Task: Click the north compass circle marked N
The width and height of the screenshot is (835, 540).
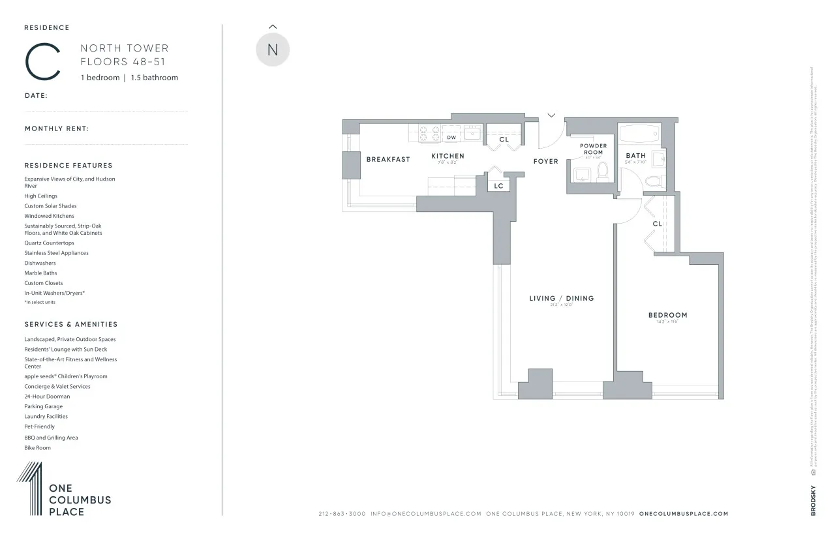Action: tap(273, 50)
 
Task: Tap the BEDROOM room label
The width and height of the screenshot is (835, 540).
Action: tap(667, 315)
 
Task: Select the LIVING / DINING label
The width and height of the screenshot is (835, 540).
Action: tap(561, 298)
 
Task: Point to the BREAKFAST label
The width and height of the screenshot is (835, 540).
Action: tap(388, 159)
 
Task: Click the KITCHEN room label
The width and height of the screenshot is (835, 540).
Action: tap(448, 156)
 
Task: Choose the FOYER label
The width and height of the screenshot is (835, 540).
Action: tap(545, 161)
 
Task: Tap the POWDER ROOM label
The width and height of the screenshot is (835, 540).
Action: tap(593, 149)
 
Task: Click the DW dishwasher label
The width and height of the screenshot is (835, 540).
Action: tap(451, 138)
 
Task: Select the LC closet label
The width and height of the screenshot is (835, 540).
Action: tap(498, 186)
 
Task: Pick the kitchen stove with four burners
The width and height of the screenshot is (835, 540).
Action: tap(429, 133)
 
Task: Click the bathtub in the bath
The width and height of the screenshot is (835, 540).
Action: tap(639, 134)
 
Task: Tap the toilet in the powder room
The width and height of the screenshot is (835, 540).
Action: tap(603, 172)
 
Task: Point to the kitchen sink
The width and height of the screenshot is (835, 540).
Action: tap(472, 133)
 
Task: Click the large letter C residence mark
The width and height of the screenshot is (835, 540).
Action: tap(43, 61)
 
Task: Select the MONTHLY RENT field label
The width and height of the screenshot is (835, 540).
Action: tap(57, 128)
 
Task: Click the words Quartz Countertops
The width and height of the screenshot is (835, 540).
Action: tap(49, 243)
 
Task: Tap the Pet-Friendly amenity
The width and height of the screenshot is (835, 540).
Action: tap(39, 427)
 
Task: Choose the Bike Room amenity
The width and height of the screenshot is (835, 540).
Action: tap(37, 448)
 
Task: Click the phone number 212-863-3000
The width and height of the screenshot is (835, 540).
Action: tap(342, 514)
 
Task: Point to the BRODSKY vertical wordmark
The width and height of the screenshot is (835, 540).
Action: tap(813, 500)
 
